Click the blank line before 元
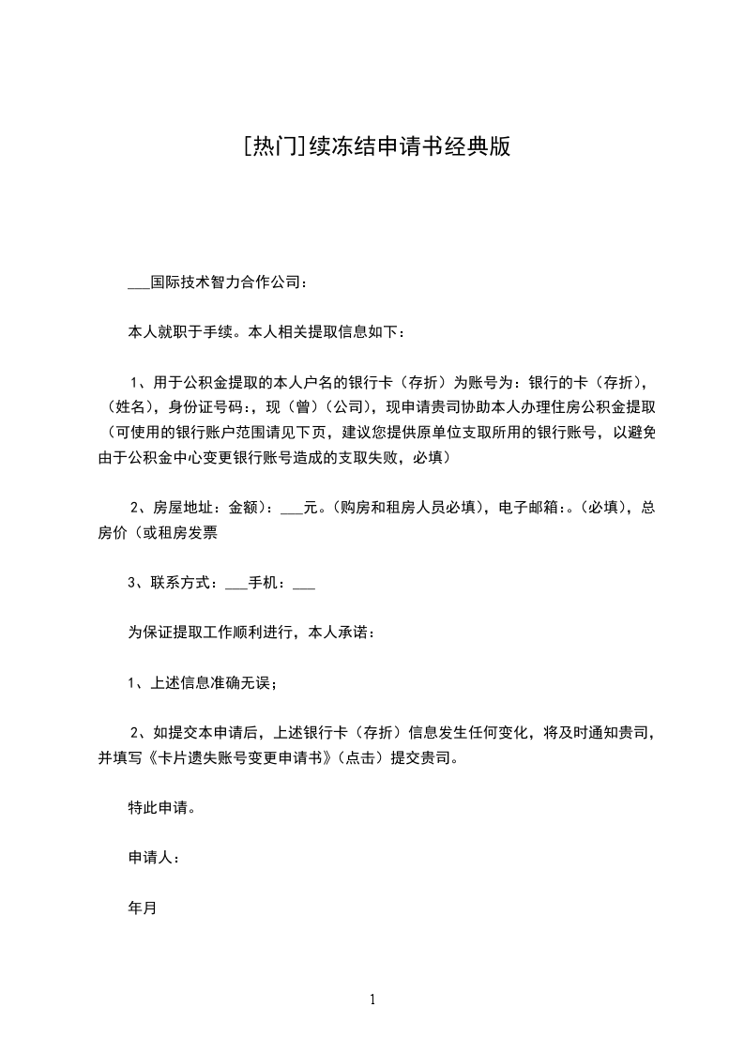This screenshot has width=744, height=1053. pyautogui.click(x=292, y=508)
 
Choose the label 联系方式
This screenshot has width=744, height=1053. pyautogui.click(x=183, y=583)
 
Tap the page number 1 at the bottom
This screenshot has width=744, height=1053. pyautogui.click(x=372, y=1000)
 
